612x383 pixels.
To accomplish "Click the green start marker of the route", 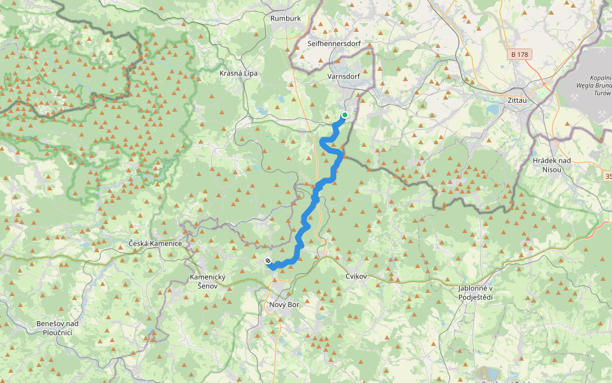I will point(344,115).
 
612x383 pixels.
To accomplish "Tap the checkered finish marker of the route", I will point(268,260).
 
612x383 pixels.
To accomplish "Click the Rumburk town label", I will point(285,19).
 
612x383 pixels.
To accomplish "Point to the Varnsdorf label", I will point(343,77).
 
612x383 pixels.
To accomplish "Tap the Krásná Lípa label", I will point(238,73).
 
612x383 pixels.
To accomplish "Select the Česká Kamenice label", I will point(155,244).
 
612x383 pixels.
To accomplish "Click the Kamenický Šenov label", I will point(208,282).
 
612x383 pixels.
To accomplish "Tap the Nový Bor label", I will point(284,304).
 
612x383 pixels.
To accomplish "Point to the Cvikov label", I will point(356,276).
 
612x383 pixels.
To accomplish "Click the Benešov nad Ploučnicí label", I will point(57,329).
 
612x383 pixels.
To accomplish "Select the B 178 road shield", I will point(520,55).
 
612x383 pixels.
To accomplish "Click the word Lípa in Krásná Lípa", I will point(250,73).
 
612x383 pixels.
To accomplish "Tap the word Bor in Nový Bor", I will point(293,304).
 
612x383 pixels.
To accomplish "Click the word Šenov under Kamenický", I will point(208,286).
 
